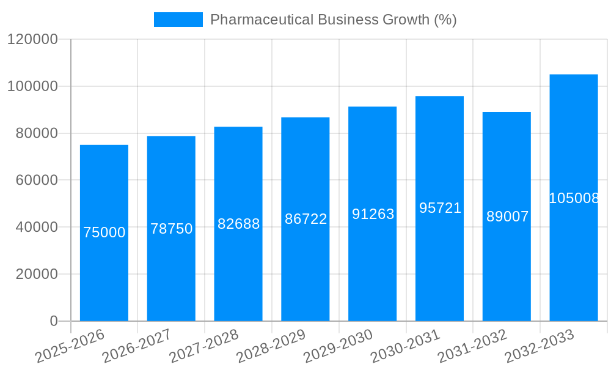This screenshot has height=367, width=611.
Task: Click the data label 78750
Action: pyautogui.click(x=171, y=229)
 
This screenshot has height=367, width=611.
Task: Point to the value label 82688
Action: pyautogui.click(x=238, y=224)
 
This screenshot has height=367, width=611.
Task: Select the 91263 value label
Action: pyautogui.click(x=373, y=214)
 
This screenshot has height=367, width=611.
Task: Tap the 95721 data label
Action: pyautogui.click(x=440, y=208)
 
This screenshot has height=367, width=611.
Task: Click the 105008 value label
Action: pyautogui.click(x=573, y=198)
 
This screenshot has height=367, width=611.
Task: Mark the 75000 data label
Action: pyautogui.click(x=104, y=232)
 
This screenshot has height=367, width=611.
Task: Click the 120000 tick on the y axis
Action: pyautogui.click(x=32, y=40)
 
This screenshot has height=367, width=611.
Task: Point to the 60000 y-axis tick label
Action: pyautogui.click(x=37, y=180)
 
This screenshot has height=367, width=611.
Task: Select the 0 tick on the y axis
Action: pyautogui.click(x=54, y=321)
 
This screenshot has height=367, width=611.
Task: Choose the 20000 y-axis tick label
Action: pyautogui.click(x=37, y=274)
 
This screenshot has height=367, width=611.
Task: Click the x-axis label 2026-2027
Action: pyautogui.click(x=136, y=346)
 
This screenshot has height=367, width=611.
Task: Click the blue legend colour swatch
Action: pyautogui.click(x=178, y=20)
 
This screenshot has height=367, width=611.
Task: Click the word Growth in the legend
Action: pyautogui.click(x=406, y=20)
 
